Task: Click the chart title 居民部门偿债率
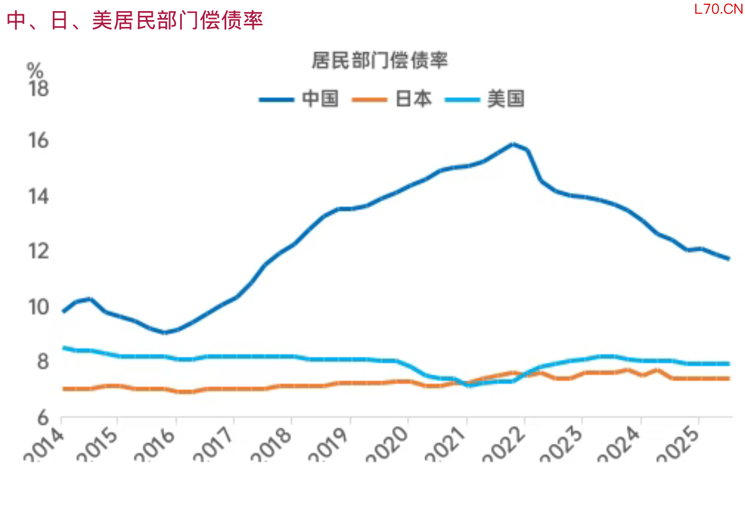coord(379,60)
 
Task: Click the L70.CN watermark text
coord(718,9)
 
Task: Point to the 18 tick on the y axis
coord(39,89)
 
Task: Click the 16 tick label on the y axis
coord(39,140)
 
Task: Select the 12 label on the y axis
coord(39,251)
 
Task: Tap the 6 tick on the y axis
coord(43,418)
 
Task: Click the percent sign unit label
coord(35,70)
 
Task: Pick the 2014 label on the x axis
coord(45,444)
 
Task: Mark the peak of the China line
coord(513,144)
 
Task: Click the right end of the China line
coord(729,258)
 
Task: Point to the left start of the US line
coord(64,348)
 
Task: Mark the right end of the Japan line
coord(729,378)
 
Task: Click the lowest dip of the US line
coord(469,386)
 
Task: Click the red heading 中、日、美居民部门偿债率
coord(135,21)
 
